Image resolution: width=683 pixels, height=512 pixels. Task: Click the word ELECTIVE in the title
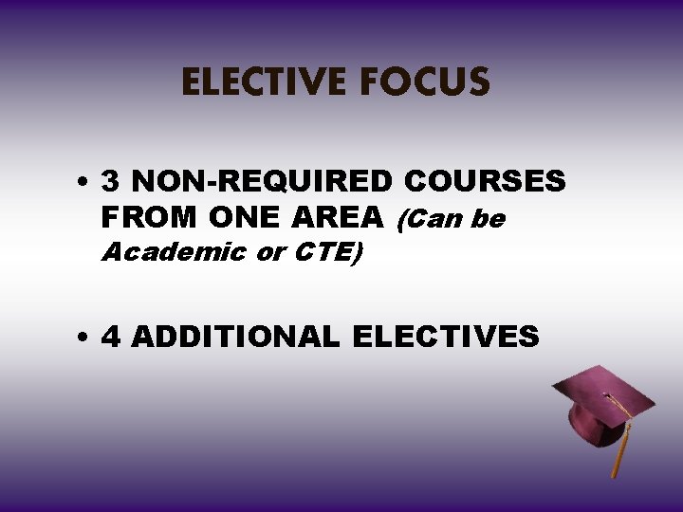point(264,83)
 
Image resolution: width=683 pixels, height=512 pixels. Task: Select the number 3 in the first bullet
point(111,181)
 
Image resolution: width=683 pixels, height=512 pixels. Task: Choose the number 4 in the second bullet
point(111,337)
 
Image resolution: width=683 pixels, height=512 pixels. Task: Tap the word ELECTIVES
point(445,337)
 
